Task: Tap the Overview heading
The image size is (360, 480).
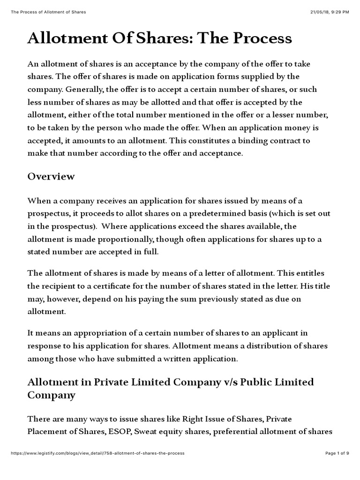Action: point(51,176)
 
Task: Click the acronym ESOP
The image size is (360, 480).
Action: point(119,432)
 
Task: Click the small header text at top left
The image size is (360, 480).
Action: point(48,12)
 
